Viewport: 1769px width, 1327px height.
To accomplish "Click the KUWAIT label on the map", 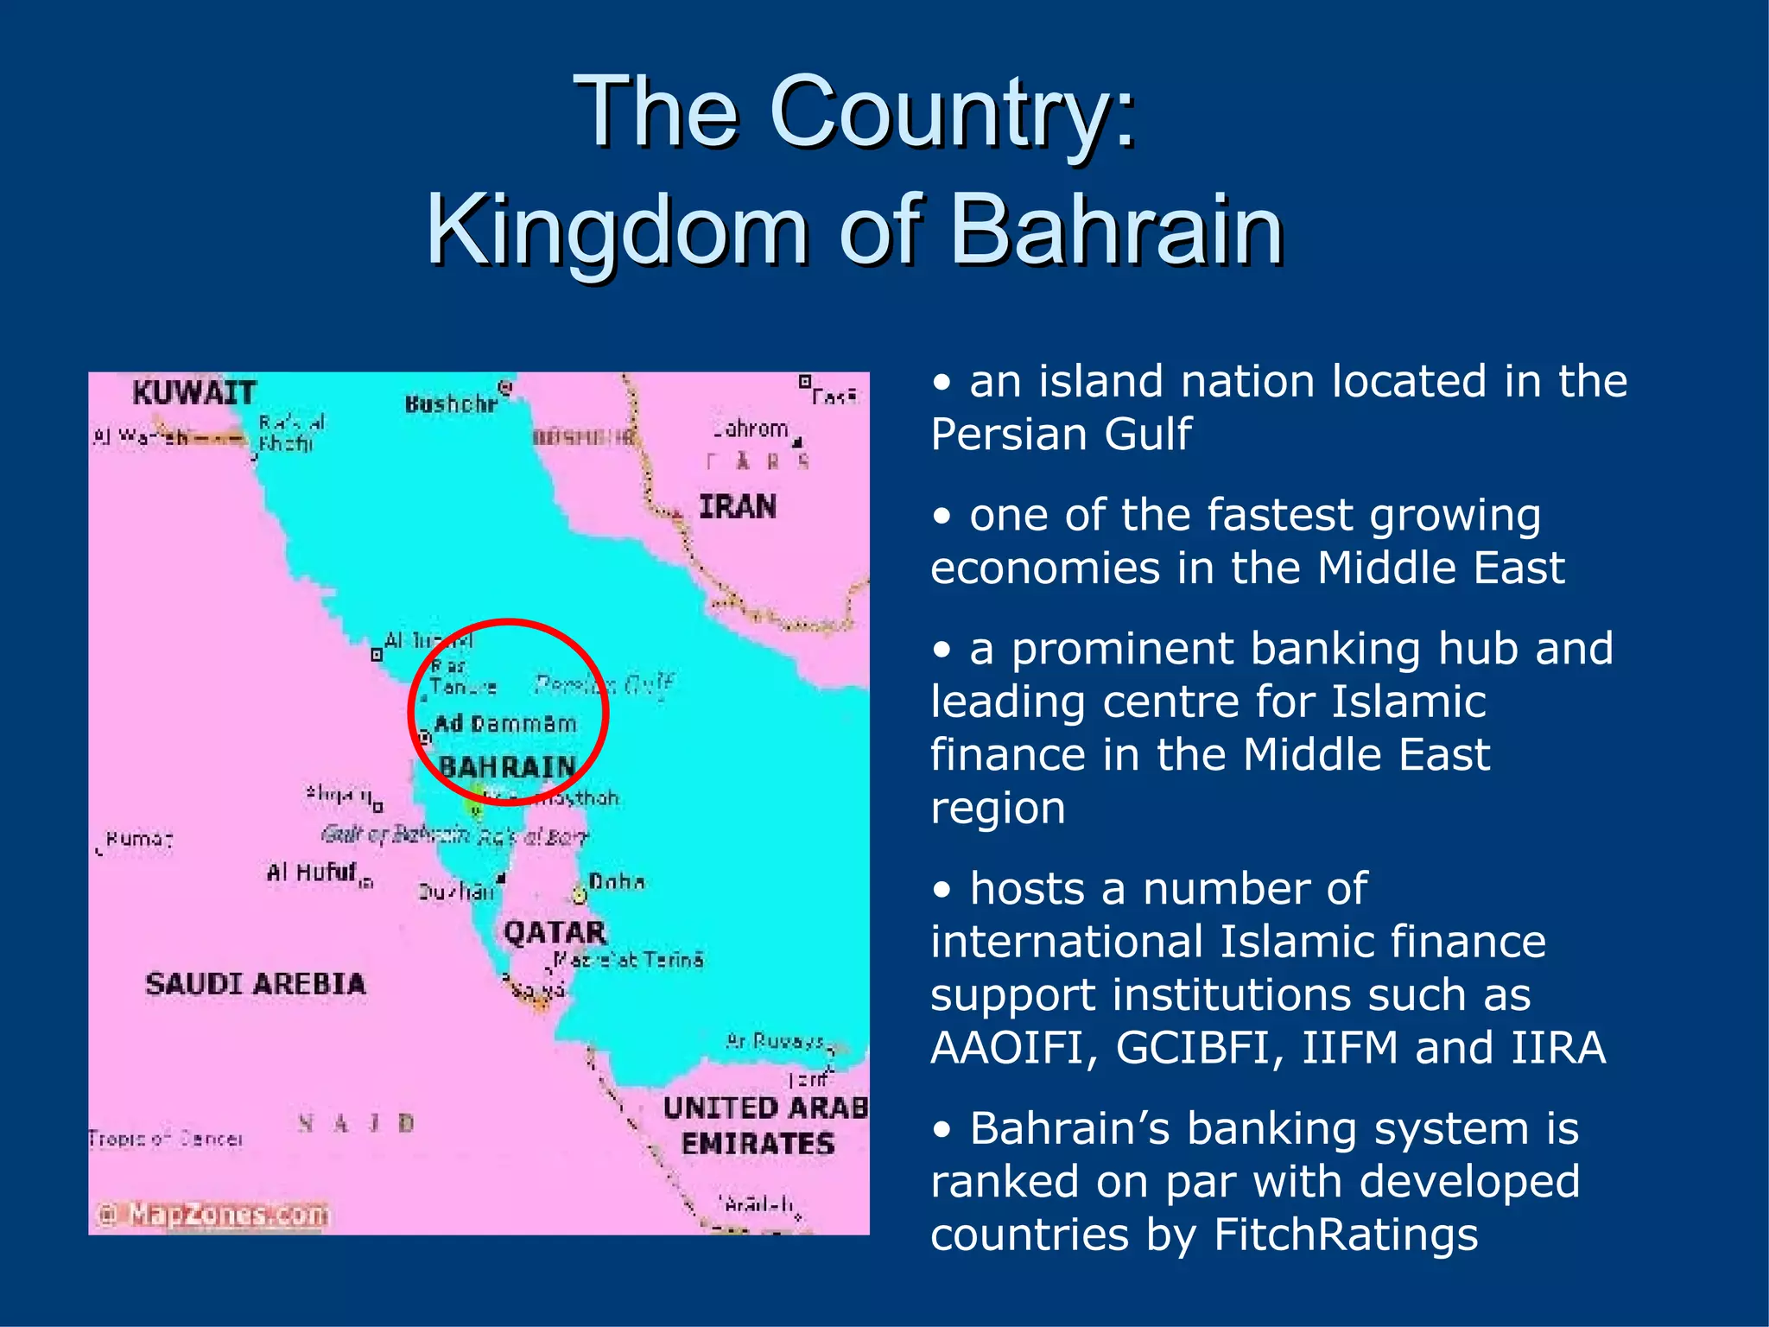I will pos(194,393).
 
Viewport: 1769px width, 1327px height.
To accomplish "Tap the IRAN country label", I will pos(737,506).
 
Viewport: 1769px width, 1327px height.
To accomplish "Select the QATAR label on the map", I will pos(555,932).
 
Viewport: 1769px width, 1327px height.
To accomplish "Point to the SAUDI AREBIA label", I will pos(256,984).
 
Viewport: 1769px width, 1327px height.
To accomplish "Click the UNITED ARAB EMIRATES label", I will pos(764,1126).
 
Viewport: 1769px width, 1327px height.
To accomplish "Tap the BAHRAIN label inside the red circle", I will pos(507,766).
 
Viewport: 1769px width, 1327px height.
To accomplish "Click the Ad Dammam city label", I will pos(505,724).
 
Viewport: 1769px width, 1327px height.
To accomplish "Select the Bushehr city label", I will pos(452,404).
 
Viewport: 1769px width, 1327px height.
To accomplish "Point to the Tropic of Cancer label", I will pos(165,1140).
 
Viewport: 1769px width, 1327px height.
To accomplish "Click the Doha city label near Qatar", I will pos(616,882).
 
